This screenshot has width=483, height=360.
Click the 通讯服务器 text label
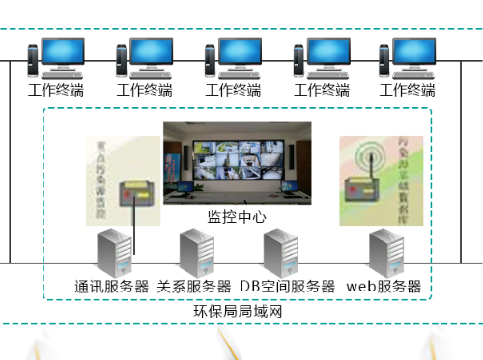(112, 287)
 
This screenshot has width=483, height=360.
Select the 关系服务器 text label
(194, 287)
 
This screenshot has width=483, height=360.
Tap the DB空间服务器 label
(287, 287)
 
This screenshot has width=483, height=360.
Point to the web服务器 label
(384, 287)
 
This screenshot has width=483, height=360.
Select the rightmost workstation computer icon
(412, 57)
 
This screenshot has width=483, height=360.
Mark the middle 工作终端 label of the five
(233, 91)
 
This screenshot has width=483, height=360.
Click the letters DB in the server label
(250, 287)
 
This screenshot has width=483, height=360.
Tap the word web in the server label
(359, 287)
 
